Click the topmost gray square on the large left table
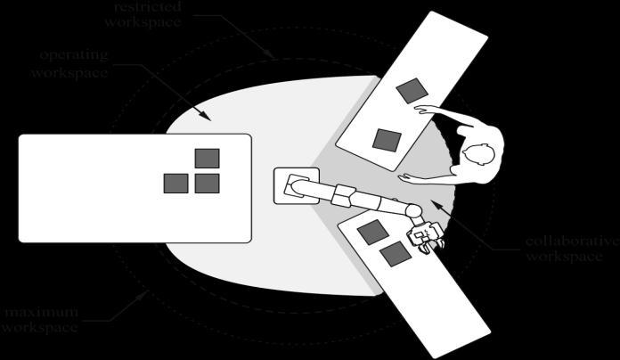coord(208,159)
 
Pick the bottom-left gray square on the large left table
coord(175,184)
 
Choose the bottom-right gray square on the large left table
coord(208,184)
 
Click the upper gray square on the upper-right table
coord(410,90)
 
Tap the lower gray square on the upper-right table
coord(386,139)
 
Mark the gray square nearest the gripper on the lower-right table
coord(396,254)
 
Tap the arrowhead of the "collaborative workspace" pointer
coord(433,203)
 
